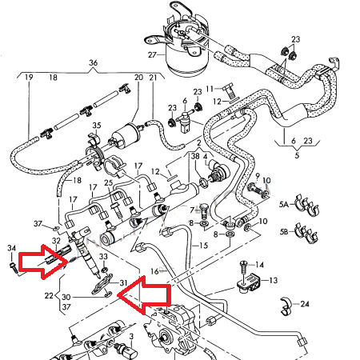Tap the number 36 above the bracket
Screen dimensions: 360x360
93,63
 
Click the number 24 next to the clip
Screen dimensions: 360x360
304,304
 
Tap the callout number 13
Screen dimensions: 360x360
273,280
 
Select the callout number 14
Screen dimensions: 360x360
260,264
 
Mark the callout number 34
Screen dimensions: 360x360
10,249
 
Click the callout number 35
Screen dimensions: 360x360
97,126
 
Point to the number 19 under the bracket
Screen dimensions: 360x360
28,78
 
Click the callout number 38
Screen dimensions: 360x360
195,158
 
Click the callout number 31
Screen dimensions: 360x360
122,282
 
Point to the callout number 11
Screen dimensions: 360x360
210,88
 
